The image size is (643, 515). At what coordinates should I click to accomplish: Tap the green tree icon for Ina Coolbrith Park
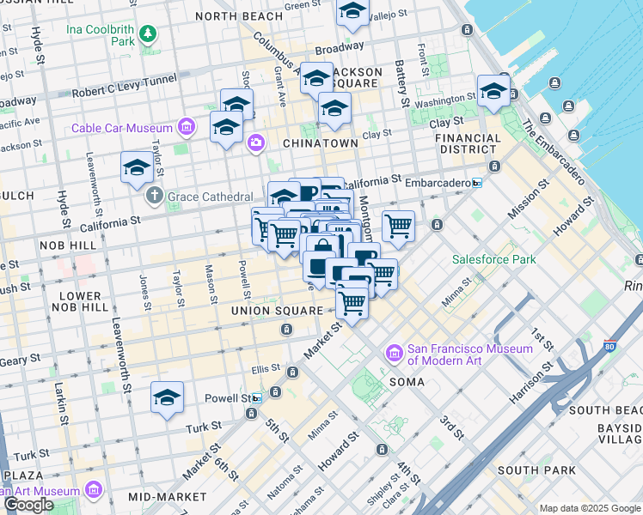point(149,34)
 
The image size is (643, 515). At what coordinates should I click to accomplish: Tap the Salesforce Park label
point(494,259)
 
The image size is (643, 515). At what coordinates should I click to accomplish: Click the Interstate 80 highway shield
point(609,347)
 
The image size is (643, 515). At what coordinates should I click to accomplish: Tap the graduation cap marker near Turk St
point(167,397)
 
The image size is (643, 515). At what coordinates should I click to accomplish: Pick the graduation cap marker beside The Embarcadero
point(493,91)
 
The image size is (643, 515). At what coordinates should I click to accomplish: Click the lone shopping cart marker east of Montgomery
point(398,227)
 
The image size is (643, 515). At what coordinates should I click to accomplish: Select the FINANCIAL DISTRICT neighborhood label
point(468,143)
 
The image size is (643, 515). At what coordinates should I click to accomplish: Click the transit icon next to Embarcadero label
point(477,183)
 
